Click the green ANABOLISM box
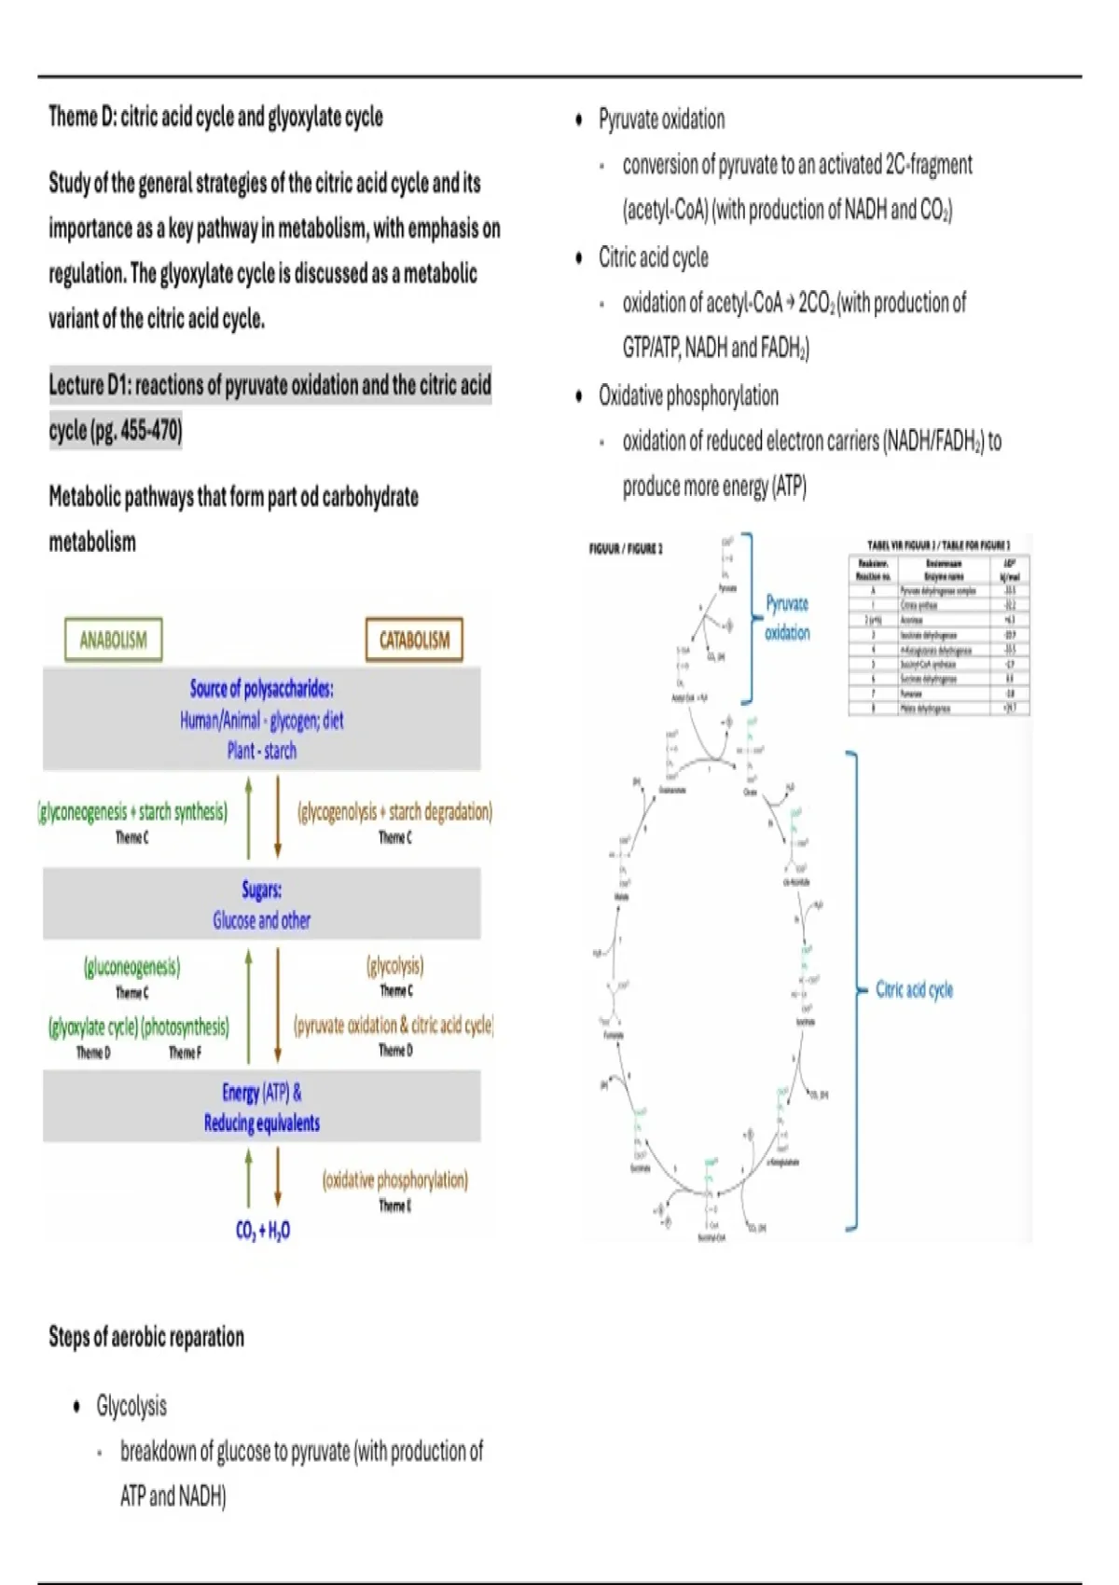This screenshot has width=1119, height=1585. (x=113, y=640)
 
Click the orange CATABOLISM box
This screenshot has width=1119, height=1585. (x=414, y=640)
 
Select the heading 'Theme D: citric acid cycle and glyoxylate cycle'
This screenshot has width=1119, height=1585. (x=215, y=117)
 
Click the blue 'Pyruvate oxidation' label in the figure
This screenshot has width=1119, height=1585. (x=787, y=617)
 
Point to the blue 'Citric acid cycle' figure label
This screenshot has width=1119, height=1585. (x=914, y=989)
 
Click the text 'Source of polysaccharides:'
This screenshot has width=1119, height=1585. (x=262, y=689)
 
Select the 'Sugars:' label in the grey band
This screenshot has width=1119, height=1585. (x=262, y=889)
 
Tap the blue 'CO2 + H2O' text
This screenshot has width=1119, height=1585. (x=262, y=1231)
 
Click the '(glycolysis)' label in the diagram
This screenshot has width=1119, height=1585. (x=395, y=965)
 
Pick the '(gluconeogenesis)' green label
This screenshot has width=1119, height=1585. (x=132, y=967)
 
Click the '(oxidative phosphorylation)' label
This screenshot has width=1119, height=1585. (x=395, y=1179)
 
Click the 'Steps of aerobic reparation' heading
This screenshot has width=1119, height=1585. (x=146, y=1337)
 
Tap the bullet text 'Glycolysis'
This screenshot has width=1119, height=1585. (x=131, y=1406)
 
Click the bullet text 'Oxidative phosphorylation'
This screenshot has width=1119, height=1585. (x=688, y=396)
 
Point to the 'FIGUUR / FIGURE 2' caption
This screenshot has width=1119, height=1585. (x=626, y=549)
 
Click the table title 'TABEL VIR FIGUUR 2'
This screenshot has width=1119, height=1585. (x=938, y=544)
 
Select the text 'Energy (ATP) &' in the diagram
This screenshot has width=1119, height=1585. (x=262, y=1092)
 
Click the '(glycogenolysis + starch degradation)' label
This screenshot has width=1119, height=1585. (x=395, y=812)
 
